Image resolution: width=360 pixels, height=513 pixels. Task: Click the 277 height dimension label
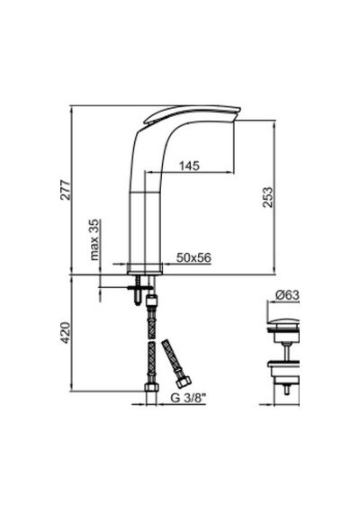(66, 190)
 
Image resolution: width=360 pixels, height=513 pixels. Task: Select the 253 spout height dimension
(267, 197)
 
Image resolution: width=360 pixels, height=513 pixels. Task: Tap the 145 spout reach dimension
(190, 166)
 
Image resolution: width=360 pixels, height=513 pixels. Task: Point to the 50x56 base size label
(193, 257)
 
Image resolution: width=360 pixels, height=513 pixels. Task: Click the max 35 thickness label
(94, 239)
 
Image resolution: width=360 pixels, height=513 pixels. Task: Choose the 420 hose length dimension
(66, 333)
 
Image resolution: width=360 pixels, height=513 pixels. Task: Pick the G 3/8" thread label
(189, 398)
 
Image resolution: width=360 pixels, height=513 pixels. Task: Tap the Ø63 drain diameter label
(287, 295)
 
